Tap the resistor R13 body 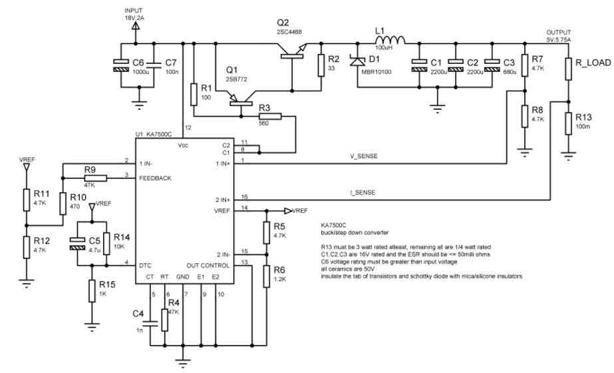pyautogui.click(x=568, y=123)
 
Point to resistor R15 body pyautogui.click(x=90, y=291)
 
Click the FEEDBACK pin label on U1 pyautogui.click(x=156, y=178)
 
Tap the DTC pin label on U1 pyautogui.click(x=146, y=265)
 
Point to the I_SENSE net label pyautogui.click(x=363, y=192)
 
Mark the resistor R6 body pyautogui.click(x=265, y=274)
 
